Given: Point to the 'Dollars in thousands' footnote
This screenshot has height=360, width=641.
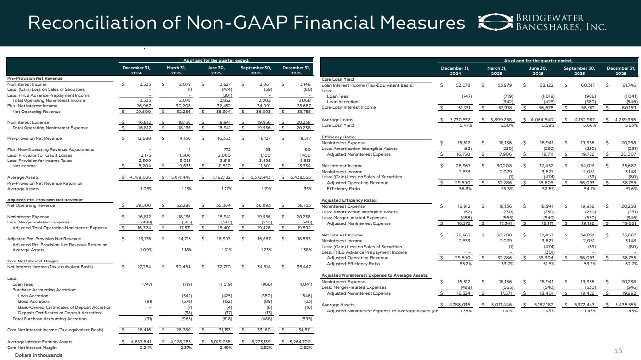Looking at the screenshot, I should click(38, 355).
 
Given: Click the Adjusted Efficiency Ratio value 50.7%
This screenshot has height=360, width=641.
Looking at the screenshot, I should click(628, 263).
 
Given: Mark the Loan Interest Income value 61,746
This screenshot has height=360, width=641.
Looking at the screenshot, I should click(626, 85).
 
